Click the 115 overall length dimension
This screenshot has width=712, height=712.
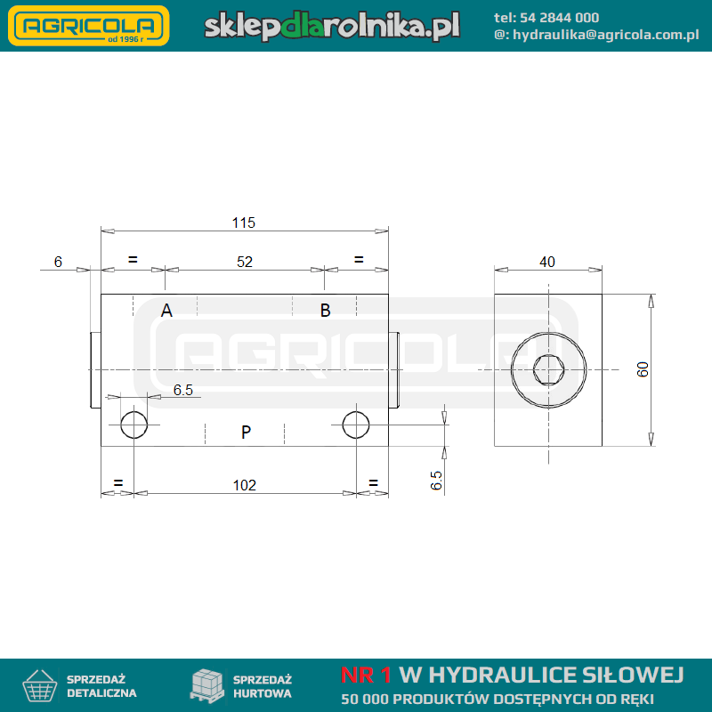click(x=244, y=222)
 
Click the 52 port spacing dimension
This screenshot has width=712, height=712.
click(x=245, y=262)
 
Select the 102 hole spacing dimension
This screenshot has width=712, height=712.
click(x=245, y=485)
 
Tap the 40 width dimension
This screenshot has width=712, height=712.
click(x=547, y=262)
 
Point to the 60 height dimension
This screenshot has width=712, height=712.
click(x=643, y=369)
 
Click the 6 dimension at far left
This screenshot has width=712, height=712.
click(x=58, y=262)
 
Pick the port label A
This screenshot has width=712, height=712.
click(x=166, y=311)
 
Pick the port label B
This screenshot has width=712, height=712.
click(x=325, y=311)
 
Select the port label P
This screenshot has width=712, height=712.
click(x=247, y=432)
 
